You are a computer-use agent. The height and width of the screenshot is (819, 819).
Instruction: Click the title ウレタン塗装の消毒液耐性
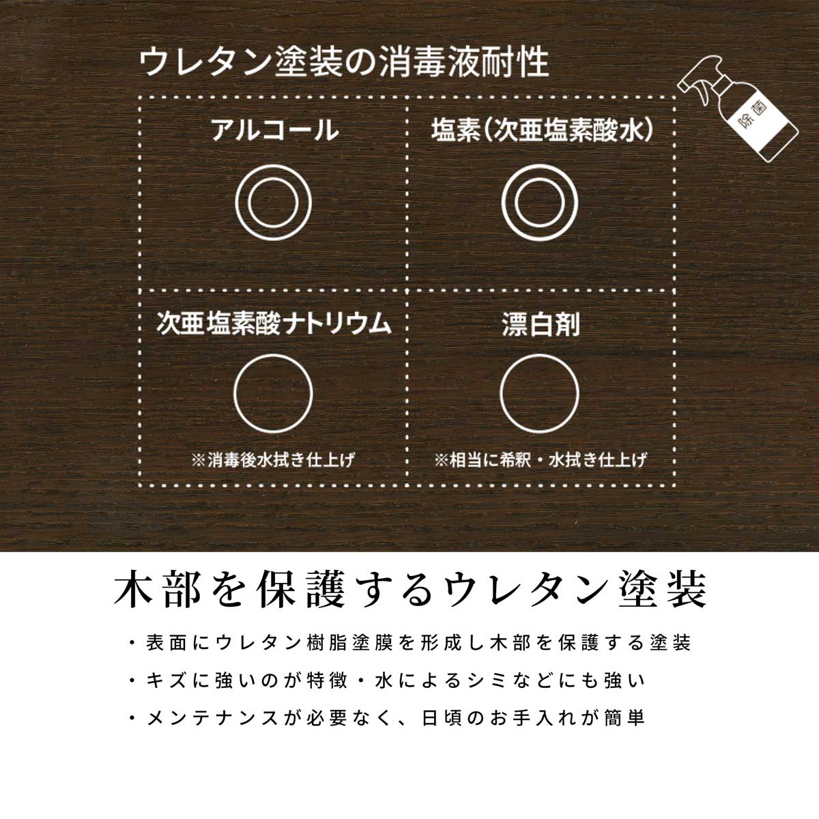(x=343, y=63)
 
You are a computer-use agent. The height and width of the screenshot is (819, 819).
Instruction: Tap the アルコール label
(x=274, y=130)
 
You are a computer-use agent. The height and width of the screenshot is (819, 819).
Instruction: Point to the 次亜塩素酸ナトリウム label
(x=274, y=323)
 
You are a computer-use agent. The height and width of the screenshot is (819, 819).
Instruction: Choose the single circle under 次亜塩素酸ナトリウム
(x=273, y=392)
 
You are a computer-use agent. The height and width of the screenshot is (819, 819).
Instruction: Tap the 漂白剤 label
(x=540, y=324)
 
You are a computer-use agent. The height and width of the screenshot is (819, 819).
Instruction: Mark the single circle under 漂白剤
(x=539, y=392)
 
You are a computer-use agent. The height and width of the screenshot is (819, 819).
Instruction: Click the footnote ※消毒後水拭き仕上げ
(x=274, y=459)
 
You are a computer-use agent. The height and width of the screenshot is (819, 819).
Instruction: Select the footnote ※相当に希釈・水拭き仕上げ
(x=540, y=459)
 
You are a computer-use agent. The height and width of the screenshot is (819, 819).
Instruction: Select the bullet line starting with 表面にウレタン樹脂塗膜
(x=409, y=642)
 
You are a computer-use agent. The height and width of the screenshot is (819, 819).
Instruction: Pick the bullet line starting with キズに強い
(x=386, y=680)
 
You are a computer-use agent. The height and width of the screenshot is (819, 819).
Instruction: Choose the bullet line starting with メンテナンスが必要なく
(x=386, y=718)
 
